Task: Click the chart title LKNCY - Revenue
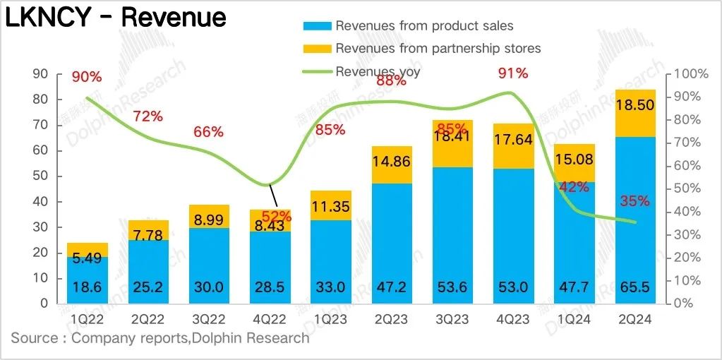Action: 116,18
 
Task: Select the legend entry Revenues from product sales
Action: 424,26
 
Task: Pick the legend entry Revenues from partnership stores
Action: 438,49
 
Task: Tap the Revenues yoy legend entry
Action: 378,71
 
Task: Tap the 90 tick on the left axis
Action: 40,73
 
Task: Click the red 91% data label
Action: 512,73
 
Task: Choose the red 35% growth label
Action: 635,201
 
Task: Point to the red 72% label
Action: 147,116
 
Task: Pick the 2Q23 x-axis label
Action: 392,320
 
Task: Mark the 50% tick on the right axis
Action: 689,188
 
